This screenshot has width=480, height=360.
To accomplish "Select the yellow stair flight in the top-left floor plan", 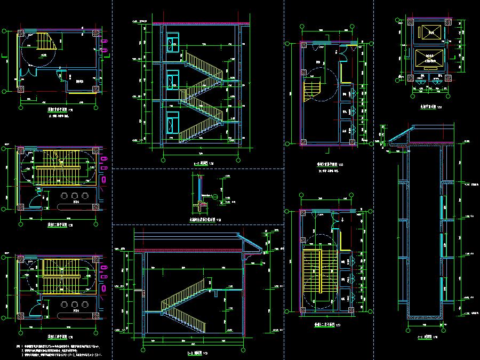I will pos(46,43).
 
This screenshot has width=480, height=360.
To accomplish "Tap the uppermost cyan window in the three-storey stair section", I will pos(173,44).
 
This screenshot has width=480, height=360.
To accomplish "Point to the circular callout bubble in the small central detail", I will pos(214,197).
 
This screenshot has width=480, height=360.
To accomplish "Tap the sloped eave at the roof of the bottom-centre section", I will pos(251,243).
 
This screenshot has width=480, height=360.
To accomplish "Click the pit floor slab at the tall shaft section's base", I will pos(425,318).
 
